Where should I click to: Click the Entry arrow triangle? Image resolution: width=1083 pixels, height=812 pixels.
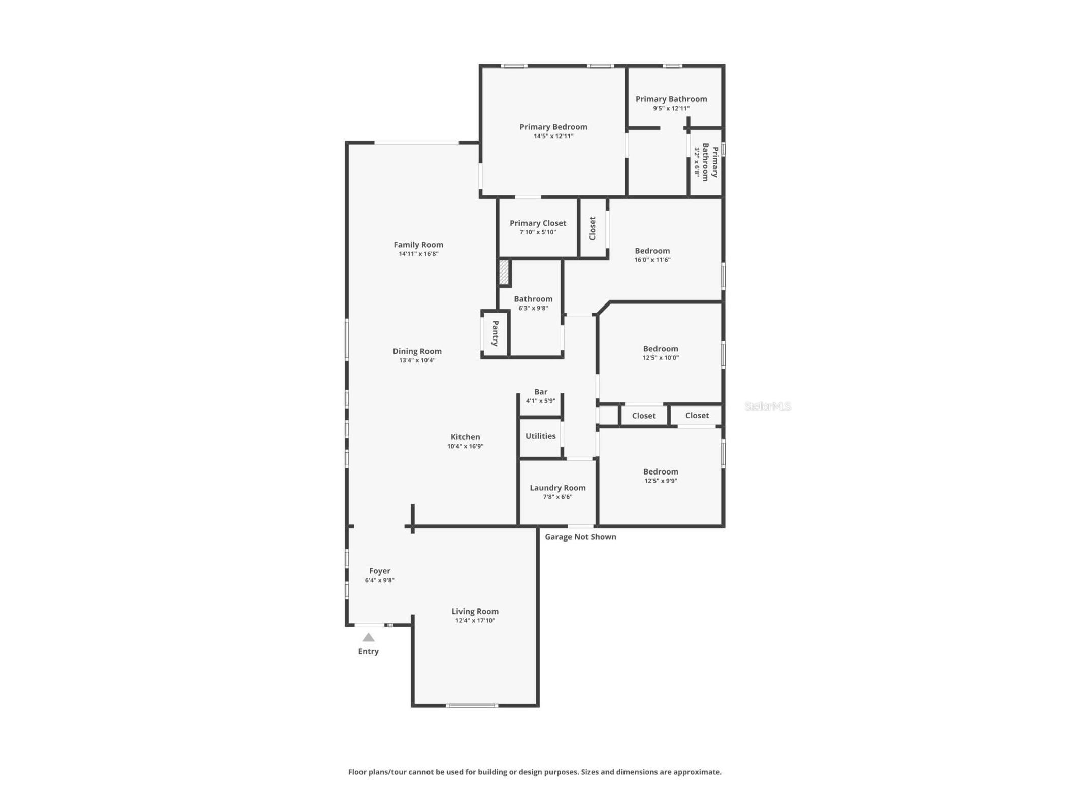[x=368, y=637]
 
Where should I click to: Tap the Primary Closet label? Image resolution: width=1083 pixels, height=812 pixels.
[x=538, y=223]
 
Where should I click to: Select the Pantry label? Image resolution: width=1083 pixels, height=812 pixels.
[x=495, y=333]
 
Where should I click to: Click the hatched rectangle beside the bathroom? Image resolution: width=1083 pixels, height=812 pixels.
[x=504, y=273]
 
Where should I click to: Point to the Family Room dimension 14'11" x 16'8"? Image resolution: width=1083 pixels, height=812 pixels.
[x=418, y=254]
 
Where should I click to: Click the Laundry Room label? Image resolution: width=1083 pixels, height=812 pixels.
[x=557, y=488]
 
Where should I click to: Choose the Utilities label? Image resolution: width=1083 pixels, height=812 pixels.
[x=540, y=436]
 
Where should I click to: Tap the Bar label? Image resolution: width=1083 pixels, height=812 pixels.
[x=541, y=392]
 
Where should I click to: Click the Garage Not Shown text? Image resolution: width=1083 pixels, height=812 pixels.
[x=580, y=537]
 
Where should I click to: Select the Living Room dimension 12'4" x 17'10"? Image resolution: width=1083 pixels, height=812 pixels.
[x=475, y=620]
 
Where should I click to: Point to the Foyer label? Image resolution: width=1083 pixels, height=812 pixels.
[x=380, y=571]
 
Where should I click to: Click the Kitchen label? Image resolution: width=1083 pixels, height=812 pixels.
[x=465, y=437]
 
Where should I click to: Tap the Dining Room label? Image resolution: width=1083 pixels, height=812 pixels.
[x=417, y=351]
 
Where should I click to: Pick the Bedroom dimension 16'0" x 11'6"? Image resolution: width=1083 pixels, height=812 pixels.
[x=652, y=260]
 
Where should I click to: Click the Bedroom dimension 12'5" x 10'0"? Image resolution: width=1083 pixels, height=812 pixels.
[x=661, y=358]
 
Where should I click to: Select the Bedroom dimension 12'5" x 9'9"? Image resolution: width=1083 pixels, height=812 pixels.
[x=661, y=481]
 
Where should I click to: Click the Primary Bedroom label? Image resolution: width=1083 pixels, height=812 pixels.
[x=553, y=127]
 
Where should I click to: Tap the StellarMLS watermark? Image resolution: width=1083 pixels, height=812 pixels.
[x=768, y=406]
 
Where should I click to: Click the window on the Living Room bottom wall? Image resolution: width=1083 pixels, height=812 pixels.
[x=472, y=705]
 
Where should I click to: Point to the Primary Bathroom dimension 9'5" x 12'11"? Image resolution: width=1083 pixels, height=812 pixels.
[x=671, y=108]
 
